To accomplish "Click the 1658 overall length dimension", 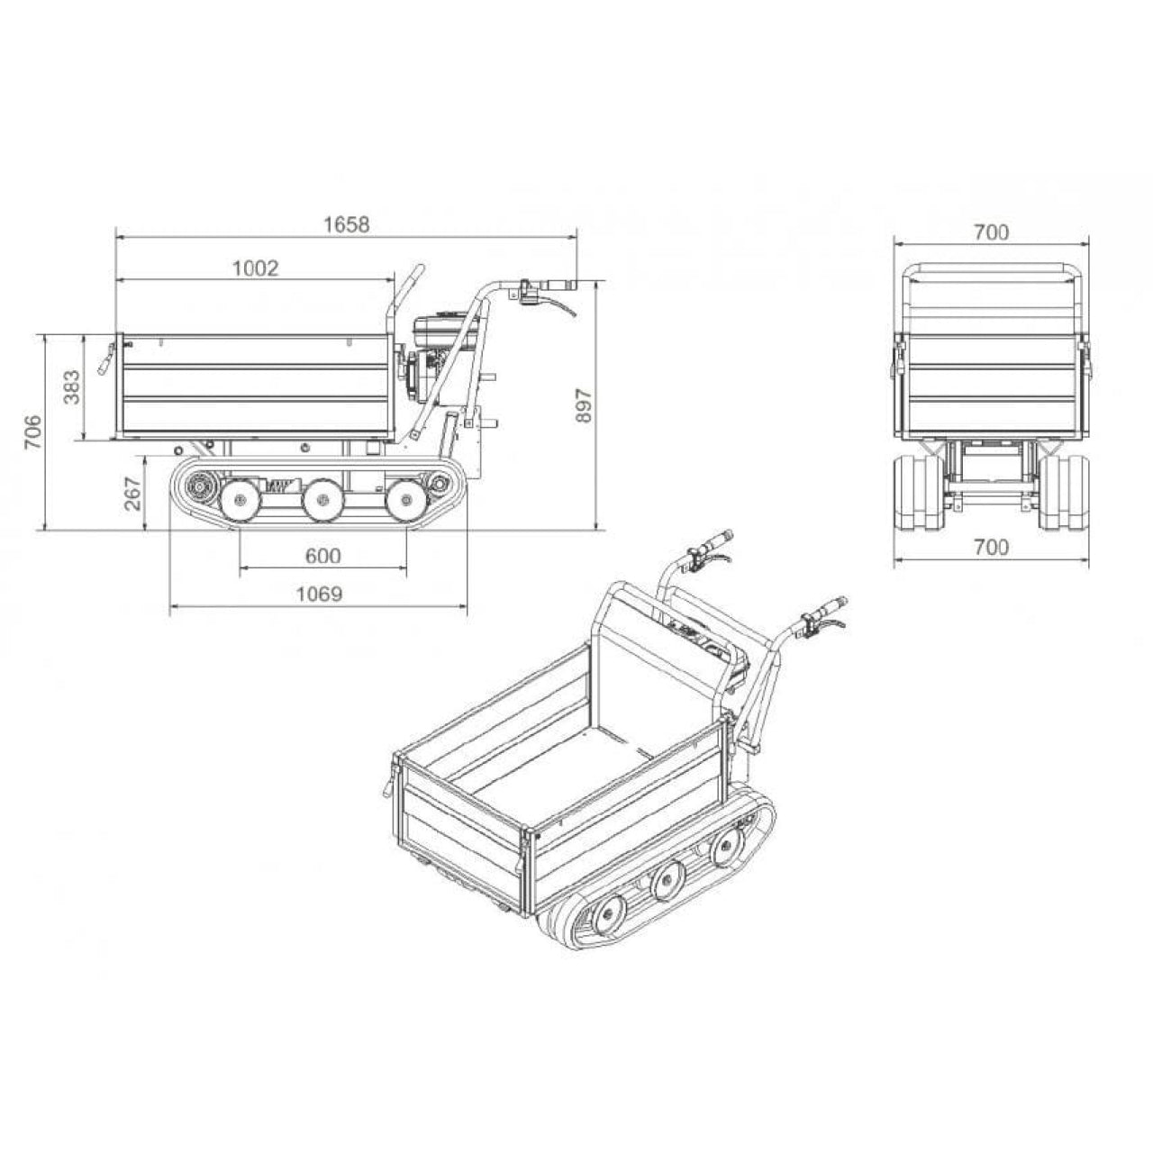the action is pos(347,224).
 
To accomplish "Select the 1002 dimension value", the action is pos(256,268).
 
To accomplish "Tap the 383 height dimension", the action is pos(72,387).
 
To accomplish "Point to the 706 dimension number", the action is pos(33,431).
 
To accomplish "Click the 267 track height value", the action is pos(132,493).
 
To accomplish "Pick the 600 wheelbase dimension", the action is pos(322,556).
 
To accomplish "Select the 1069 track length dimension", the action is pos(320,595).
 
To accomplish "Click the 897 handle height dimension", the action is pos(584,405).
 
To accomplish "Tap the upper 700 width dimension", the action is pos(991,232).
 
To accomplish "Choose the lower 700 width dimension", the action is pos(991,547).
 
